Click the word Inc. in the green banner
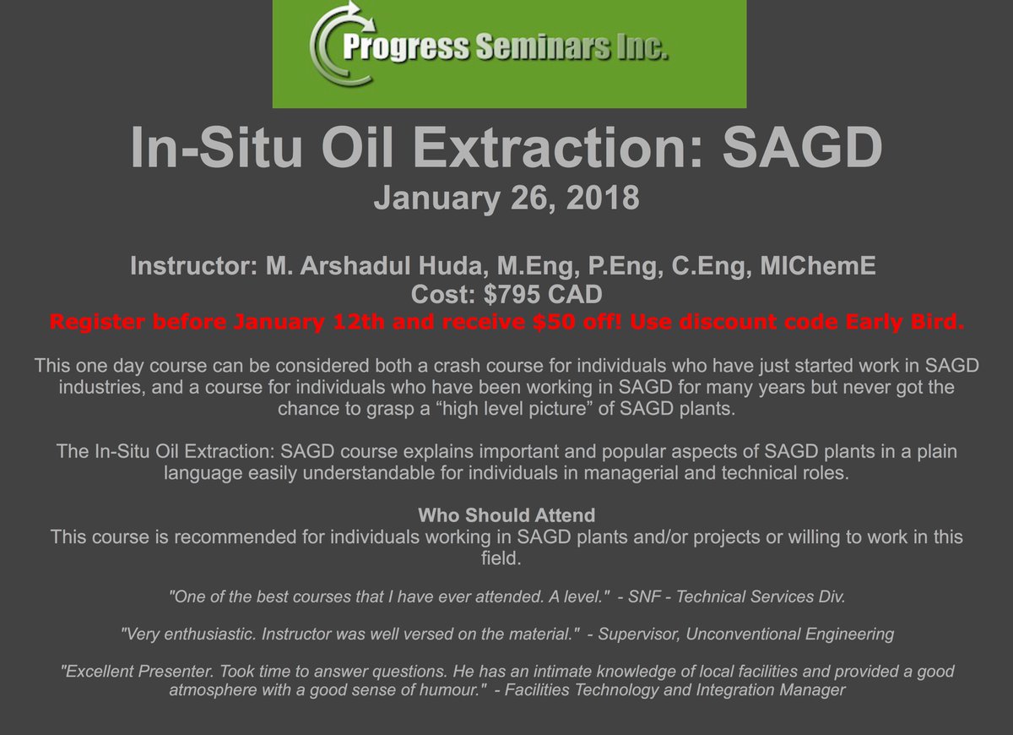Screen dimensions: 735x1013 coord(642,49)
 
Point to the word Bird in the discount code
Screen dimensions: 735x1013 coord(934,323)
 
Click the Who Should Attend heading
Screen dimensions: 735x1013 coord(506,515)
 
